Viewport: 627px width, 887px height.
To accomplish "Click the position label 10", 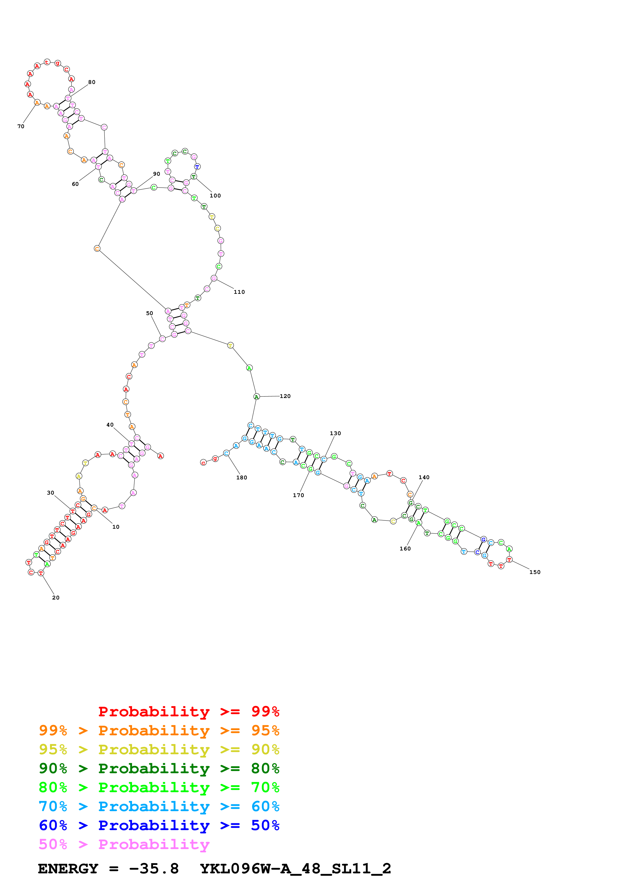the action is (116, 527).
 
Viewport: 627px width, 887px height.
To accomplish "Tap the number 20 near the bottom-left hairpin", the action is (56, 598).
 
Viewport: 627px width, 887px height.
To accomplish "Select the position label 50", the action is (149, 313).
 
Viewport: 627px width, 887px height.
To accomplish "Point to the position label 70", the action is (21, 126).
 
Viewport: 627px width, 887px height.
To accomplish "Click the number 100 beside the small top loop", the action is (215, 196).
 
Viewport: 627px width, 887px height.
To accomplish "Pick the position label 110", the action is (239, 292).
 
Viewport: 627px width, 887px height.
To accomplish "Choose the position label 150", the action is (535, 572).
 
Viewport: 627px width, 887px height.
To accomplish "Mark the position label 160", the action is (405, 549).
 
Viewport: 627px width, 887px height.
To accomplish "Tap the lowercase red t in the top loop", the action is (47, 62).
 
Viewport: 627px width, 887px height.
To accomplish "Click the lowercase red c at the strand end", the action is (203, 462).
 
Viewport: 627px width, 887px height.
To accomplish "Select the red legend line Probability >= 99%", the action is (188, 712).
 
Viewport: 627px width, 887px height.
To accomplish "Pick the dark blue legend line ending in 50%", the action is (159, 825).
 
